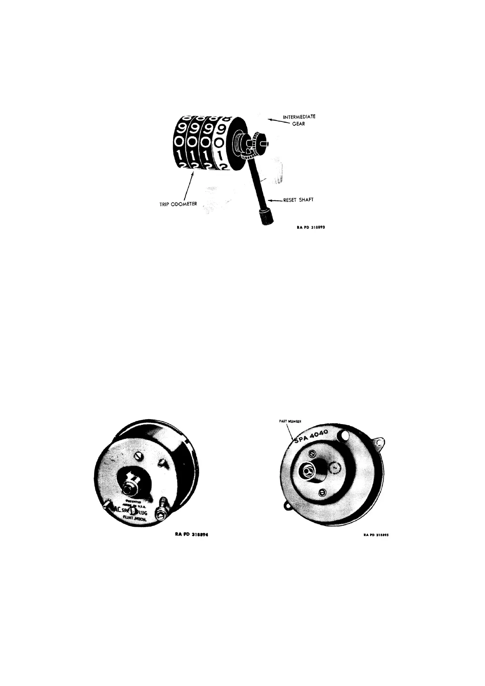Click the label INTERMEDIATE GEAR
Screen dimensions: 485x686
point(299,120)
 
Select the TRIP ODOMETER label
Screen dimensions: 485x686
point(178,204)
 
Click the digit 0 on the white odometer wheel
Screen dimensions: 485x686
point(219,143)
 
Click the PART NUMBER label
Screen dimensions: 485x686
point(290,422)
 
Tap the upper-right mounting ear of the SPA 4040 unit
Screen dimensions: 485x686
point(381,442)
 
